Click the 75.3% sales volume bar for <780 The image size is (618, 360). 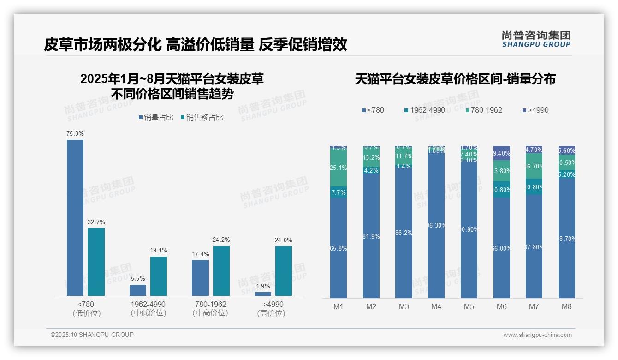click(x=75, y=217)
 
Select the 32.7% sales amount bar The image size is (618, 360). click(x=96, y=262)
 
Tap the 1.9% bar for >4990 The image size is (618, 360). click(x=263, y=294)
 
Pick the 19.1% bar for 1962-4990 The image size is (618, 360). click(x=159, y=276)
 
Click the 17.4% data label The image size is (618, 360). click(x=201, y=254)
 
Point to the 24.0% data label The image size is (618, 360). click(x=284, y=240)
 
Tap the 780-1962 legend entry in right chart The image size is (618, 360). click(x=484, y=110)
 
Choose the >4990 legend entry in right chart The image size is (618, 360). click(x=535, y=110)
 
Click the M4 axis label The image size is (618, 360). click(x=436, y=307)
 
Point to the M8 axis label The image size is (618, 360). click(x=566, y=307)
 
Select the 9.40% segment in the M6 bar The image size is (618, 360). click(x=501, y=153)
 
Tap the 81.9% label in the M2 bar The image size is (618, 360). click(x=371, y=237)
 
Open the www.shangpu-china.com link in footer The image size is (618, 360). click(x=537, y=335)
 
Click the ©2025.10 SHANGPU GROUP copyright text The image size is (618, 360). click(x=92, y=335)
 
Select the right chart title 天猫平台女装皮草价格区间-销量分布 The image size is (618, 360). click(x=455, y=79)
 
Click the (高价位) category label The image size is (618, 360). click(x=271, y=313)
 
